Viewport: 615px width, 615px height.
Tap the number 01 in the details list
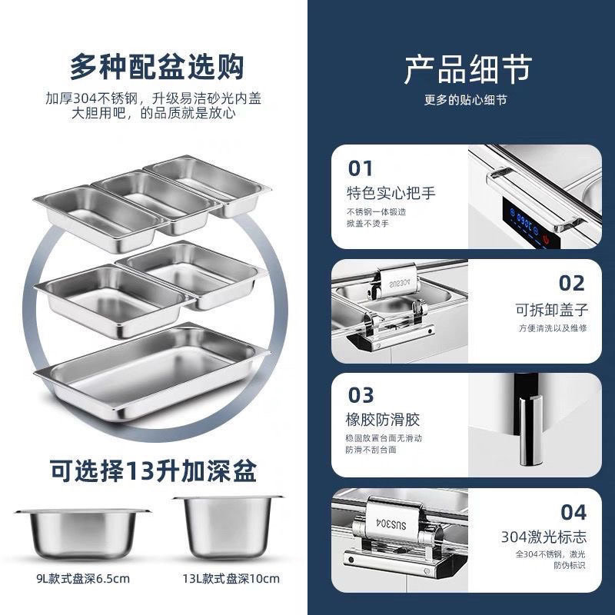[x=361, y=168]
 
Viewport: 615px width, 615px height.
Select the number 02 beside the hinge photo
[x=571, y=283]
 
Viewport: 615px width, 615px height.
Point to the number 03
[x=361, y=395]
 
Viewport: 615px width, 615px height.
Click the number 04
[x=573, y=512]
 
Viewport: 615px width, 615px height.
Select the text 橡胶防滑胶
[x=384, y=420]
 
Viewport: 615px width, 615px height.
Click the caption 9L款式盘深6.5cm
[x=81, y=578]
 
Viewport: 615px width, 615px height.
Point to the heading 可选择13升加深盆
[x=154, y=467]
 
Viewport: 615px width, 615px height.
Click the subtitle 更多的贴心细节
[x=465, y=100]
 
